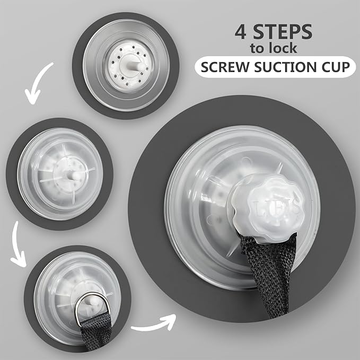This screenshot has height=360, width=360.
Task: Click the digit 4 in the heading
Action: click(240, 32)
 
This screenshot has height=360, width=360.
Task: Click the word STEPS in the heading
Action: click(283, 32)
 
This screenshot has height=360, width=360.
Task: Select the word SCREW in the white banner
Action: click(225, 67)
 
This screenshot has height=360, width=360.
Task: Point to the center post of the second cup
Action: click(74, 176)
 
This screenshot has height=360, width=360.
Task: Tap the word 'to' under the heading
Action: click(256, 49)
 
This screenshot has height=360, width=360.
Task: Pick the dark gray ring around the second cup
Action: click(12, 174)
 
